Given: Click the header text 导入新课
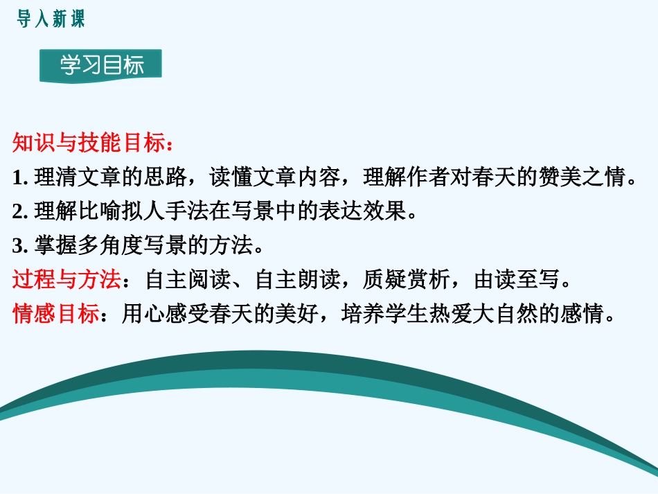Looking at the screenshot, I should pos(51,19).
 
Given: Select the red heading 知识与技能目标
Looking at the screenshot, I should pos(90,144).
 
